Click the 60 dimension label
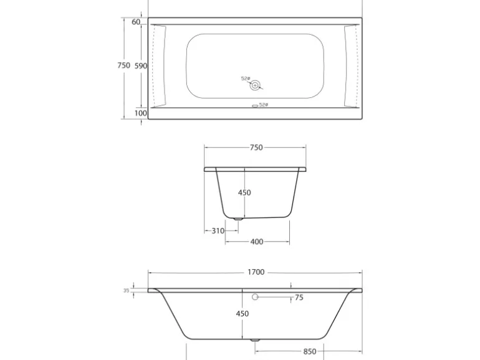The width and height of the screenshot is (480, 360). (x=136, y=22)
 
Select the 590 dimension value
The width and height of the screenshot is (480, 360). (x=141, y=66)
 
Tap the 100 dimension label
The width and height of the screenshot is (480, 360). (x=141, y=113)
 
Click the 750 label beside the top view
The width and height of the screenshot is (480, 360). (x=124, y=65)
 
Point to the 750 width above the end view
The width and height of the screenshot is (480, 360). (x=256, y=148)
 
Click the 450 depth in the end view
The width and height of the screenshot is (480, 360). (x=244, y=192)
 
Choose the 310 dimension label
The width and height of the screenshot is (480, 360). (x=218, y=231)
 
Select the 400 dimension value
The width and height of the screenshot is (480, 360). (x=257, y=242)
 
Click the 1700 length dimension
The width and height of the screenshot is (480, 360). (x=256, y=272)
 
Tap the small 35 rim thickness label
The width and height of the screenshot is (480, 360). (x=126, y=291)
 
